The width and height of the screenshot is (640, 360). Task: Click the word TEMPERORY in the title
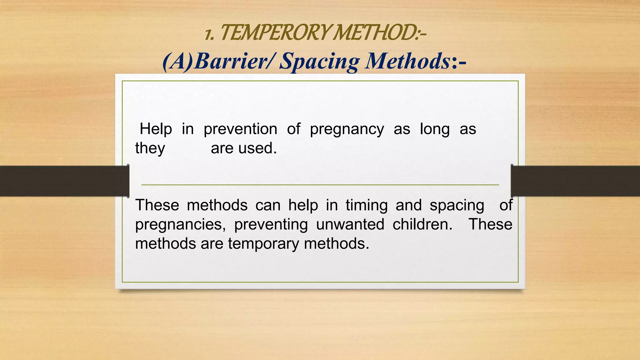(275, 33)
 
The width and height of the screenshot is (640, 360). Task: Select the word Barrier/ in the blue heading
(234, 61)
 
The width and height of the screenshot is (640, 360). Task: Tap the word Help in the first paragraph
(156, 129)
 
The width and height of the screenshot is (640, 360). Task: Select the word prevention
(240, 129)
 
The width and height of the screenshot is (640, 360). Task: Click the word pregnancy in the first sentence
(347, 129)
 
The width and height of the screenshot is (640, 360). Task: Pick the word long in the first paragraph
(435, 129)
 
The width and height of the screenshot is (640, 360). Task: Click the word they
(150, 148)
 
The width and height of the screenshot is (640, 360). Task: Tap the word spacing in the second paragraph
(457, 206)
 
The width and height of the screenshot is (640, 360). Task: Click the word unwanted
(350, 225)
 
